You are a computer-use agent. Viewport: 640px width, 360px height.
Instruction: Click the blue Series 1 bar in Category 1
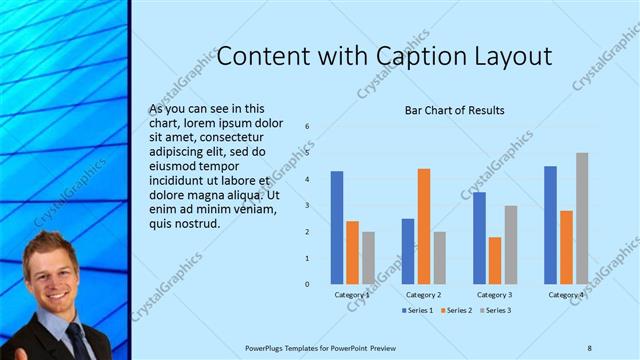(x=337, y=227)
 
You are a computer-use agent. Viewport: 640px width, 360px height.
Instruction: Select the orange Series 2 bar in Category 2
(x=424, y=226)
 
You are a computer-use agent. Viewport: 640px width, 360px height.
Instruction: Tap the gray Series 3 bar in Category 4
(x=582, y=218)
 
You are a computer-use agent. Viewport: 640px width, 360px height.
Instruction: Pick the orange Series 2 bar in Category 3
(x=495, y=260)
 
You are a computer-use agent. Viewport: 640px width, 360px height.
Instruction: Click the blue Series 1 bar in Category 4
(x=551, y=225)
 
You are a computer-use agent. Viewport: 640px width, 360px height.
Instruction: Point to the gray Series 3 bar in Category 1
(x=368, y=258)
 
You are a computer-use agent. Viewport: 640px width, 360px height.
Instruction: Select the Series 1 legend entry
(x=418, y=311)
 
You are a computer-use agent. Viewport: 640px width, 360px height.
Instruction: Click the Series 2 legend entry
(x=457, y=311)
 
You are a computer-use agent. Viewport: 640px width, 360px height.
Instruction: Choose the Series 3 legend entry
(x=496, y=311)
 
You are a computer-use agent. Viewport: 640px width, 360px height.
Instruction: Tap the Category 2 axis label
(x=424, y=295)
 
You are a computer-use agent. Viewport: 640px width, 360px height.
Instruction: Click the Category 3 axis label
(x=495, y=295)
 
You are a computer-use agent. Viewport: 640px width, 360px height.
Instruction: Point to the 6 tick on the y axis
(x=308, y=127)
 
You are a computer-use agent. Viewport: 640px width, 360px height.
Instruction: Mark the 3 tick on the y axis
(x=308, y=205)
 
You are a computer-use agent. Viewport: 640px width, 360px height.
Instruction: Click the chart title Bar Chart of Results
(x=454, y=110)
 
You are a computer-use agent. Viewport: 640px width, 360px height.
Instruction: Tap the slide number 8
(x=589, y=347)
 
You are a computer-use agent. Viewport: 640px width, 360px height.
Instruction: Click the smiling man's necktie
(x=77, y=340)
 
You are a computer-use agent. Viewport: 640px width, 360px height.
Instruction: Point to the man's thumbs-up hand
(x=12, y=352)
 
